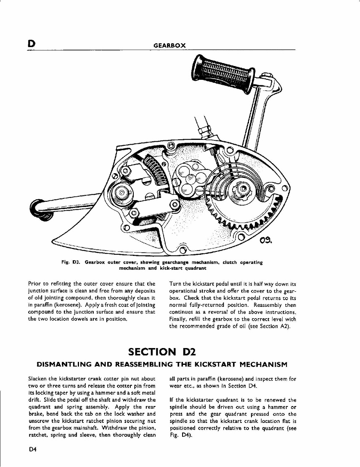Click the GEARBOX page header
coord(169,45)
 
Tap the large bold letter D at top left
coord(31,44)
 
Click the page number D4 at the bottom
coord(33,449)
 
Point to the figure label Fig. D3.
coord(70,262)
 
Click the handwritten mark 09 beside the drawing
coord(267,241)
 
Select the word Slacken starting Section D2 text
coord(36,379)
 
